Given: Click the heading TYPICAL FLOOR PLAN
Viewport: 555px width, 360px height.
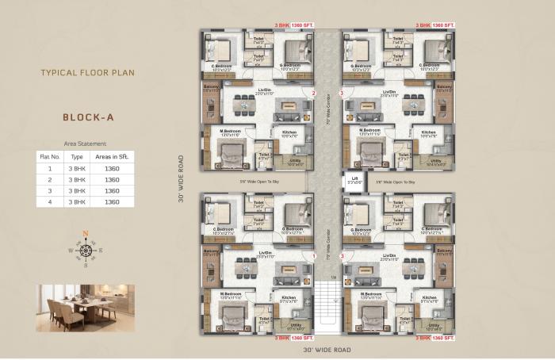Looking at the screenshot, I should [88, 72].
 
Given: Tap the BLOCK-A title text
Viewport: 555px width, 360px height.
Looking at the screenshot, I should [88, 117].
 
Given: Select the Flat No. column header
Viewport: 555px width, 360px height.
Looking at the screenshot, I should [50, 157].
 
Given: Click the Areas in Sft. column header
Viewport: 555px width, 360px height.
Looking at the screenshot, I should [112, 157].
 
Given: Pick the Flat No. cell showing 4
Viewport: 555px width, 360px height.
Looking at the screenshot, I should [50, 202].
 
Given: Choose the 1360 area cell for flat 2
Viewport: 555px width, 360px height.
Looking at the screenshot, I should [112, 180].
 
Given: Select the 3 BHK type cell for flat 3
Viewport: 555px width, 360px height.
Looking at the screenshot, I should [77, 191].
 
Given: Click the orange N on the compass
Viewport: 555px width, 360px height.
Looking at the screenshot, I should [86, 234].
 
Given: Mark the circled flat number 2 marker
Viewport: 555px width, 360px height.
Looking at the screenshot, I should [314, 94].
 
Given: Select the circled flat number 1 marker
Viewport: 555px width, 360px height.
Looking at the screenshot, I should [314, 256].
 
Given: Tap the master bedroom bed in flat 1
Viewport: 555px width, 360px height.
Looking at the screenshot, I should [232, 317].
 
